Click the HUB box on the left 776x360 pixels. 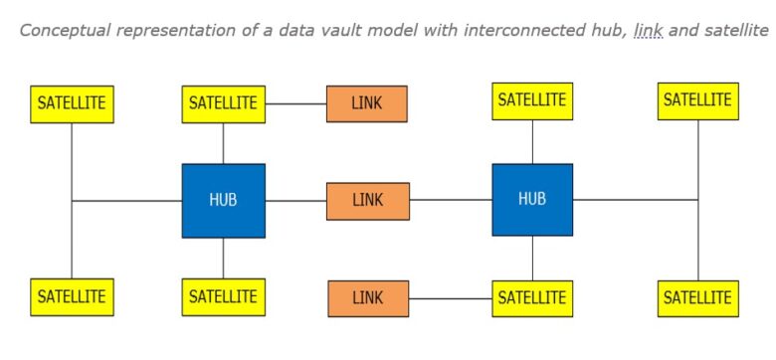(x=223, y=200)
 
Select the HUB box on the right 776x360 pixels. (x=532, y=199)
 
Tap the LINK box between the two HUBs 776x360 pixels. (x=367, y=200)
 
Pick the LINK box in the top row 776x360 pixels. (x=366, y=102)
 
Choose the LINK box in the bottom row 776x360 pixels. (x=367, y=297)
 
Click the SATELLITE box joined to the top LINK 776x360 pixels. (x=223, y=103)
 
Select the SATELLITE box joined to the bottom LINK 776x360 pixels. (x=532, y=297)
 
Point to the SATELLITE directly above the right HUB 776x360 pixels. (x=532, y=100)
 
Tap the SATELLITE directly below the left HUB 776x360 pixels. (x=223, y=296)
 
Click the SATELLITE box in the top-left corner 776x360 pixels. (x=72, y=103)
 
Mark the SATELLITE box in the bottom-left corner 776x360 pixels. (x=72, y=296)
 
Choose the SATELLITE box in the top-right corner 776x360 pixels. (x=697, y=100)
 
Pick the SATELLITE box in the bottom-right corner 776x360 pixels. (x=697, y=297)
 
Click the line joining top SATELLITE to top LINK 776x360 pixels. (x=295, y=103)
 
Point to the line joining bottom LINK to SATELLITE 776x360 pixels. (x=450, y=298)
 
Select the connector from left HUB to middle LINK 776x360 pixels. (x=295, y=201)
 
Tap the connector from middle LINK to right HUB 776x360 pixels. (x=450, y=200)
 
